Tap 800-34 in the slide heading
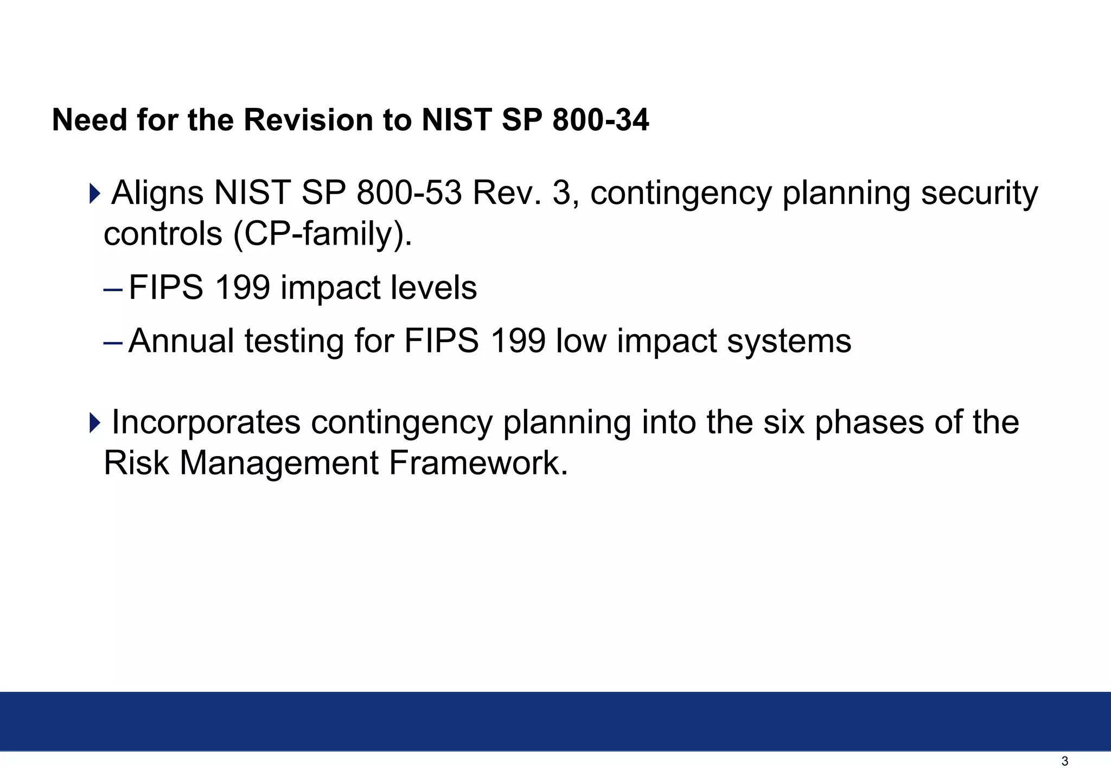coord(600,120)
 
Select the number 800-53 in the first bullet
coord(409,193)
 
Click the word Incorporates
coord(206,422)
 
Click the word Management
coord(279,463)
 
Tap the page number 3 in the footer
coord(1064,761)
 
